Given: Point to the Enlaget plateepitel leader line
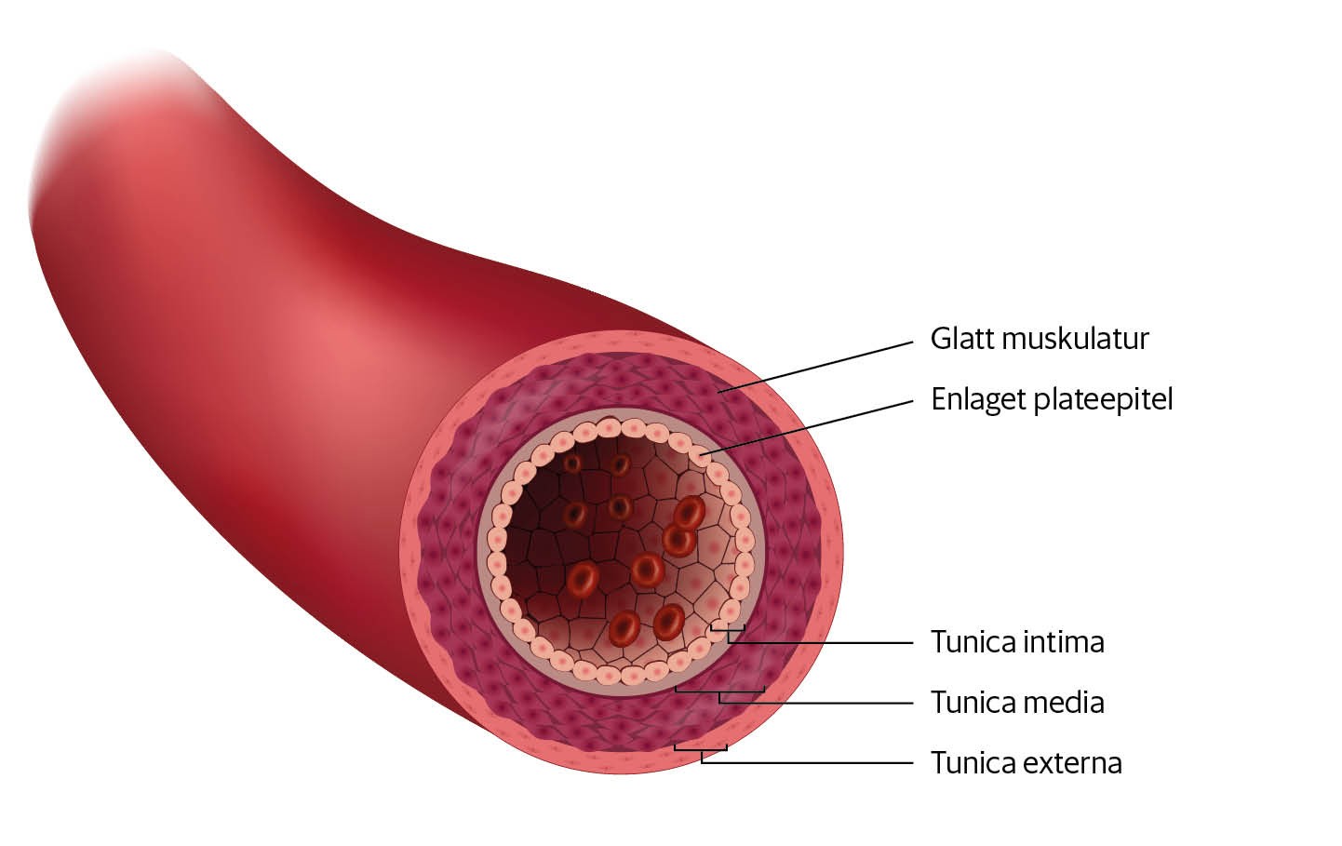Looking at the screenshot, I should (x=810, y=427).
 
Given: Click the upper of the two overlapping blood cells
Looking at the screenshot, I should (x=690, y=511).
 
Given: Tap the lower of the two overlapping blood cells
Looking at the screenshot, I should (x=678, y=538).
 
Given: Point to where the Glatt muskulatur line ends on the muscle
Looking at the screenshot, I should (x=720, y=392).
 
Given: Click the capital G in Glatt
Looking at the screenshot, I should (x=938, y=339).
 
